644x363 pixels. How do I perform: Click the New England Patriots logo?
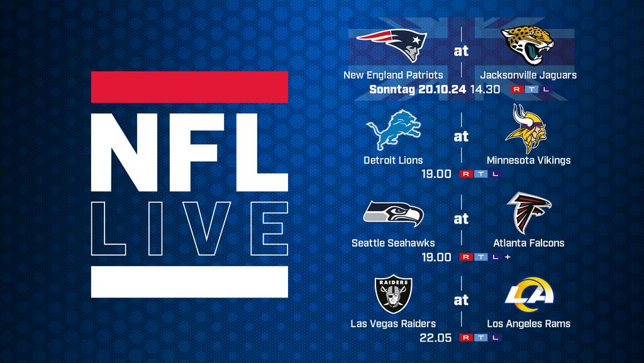(392, 44)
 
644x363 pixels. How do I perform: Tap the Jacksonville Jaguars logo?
(528, 45)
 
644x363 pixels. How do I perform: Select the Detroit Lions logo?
(393, 130)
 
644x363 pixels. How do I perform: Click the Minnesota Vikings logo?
(526, 128)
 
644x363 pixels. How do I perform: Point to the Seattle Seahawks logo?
(393, 213)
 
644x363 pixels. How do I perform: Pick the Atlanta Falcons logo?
(528, 212)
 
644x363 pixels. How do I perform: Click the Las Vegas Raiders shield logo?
(394, 294)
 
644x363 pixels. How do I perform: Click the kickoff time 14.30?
(485, 89)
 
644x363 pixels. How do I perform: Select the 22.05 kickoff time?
(435, 338)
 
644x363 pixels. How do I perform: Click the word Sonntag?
(392, 89)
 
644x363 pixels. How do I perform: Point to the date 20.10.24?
(442, 89)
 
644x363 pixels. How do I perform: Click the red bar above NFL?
(189, 87)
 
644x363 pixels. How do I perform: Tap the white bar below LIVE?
(189, 282)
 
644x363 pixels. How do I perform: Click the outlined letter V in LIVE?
(201, 228)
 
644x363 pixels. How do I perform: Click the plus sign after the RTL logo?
(508, 257)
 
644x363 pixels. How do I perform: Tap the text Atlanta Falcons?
(528, 243)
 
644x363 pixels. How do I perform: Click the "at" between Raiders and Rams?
(461, 299)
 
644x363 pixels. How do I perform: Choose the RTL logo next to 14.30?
(531, 89)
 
